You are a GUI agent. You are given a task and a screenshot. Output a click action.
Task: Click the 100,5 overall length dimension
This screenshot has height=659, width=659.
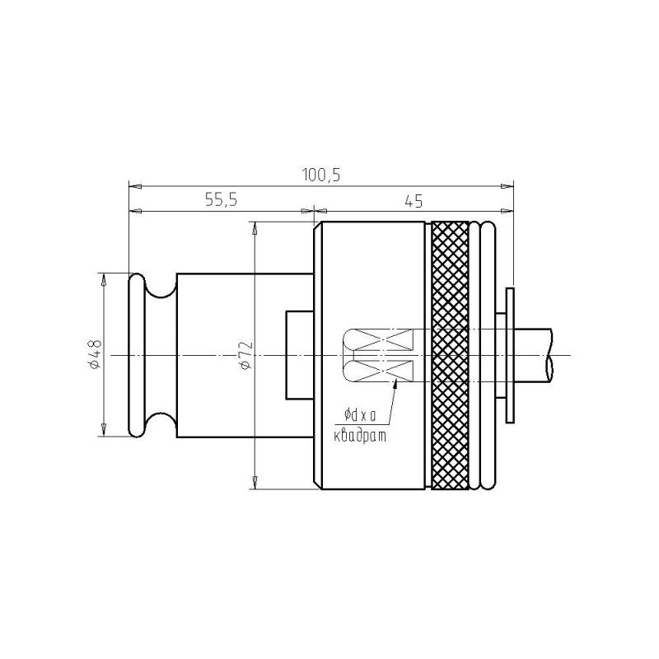point(321,175)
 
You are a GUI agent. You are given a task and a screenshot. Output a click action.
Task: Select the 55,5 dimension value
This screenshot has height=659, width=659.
point(222,200)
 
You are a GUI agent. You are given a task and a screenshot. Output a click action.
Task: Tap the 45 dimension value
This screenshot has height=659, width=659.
point(414,201)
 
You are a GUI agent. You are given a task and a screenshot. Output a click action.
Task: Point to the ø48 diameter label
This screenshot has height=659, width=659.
point(96,354)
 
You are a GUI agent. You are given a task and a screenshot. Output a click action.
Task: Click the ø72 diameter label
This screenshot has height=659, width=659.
point(246,355)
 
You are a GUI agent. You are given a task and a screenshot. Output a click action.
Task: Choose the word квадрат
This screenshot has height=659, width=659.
point(360,437)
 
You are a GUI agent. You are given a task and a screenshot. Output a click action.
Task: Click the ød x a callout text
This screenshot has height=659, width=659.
point(360,416)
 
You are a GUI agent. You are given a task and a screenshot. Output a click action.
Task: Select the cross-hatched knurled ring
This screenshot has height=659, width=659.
point(450,356)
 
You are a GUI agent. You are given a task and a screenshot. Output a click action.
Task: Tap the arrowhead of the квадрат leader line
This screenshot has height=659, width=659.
point(396,381)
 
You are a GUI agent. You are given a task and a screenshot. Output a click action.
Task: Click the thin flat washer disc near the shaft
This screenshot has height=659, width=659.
point(510,356)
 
